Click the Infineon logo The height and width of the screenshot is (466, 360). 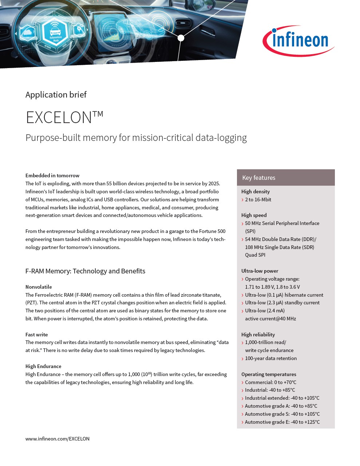pyautogui.click(x=298, y=41)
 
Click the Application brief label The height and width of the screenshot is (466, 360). pyautogui.click(x=56, y=95)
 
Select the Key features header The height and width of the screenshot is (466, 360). pyautogui.click(x=259, y=178)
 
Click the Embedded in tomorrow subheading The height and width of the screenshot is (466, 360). pyautogui.click(x=52, y=175)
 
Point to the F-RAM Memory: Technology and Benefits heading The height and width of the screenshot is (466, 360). pyautogui.click(x=85, y=271)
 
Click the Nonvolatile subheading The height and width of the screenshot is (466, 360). pyautogui.click(x=39, y=287)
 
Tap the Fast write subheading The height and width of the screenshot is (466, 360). pyautogui.click(x=36, y=335)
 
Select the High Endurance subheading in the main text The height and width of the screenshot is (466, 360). pyautogui.click(x=43, y=366)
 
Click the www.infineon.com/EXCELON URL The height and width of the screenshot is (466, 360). pyautogui.click(x=58, y=439)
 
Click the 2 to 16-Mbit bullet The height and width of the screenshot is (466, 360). pyautogui.click(x=258, y=200)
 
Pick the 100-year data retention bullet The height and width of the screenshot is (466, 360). pyautogui.click(x=270, y=358)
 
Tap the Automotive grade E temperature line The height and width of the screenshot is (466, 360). pyautogui.click(x=282, y=422)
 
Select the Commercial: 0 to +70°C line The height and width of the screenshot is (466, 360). pyautogui.click(x=270, y=382)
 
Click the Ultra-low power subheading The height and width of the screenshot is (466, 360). pyautogui.click(x=260, y=271)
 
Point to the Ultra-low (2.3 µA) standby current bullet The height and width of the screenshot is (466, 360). pyautogui.click(x=282, y=303)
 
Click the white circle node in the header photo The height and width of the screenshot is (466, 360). pyautogui.click(x=181, y=38)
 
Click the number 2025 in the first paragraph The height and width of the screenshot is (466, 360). pyautogui.click(x=214, y=183)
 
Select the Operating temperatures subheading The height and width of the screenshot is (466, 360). pyautogui.click(x=269, y=374)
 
